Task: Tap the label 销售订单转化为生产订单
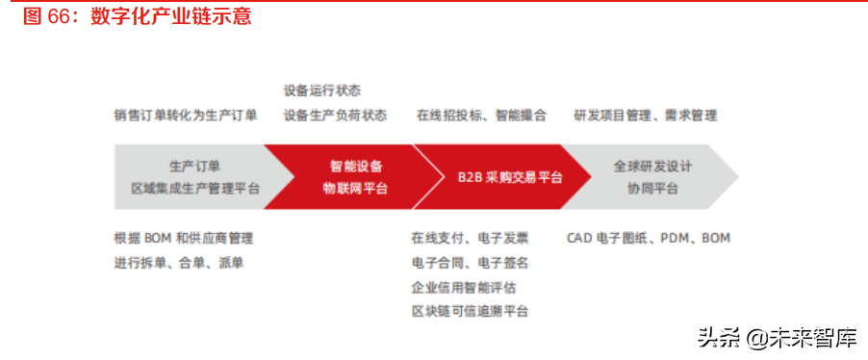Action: [186, 116]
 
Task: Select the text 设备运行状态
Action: [322, 90]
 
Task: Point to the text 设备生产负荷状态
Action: [335, 116]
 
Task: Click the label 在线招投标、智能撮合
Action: [481, 116]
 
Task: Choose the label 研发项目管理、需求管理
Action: [645, 116]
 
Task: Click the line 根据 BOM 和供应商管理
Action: [184, 238]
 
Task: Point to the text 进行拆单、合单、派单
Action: [178, 263]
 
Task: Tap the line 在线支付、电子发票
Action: [470, 238]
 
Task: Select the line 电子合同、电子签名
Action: [470, 262]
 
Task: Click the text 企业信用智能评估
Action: [464, 287]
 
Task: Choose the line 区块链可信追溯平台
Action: [470, 311]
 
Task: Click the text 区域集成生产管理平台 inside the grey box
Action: [195, 189]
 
